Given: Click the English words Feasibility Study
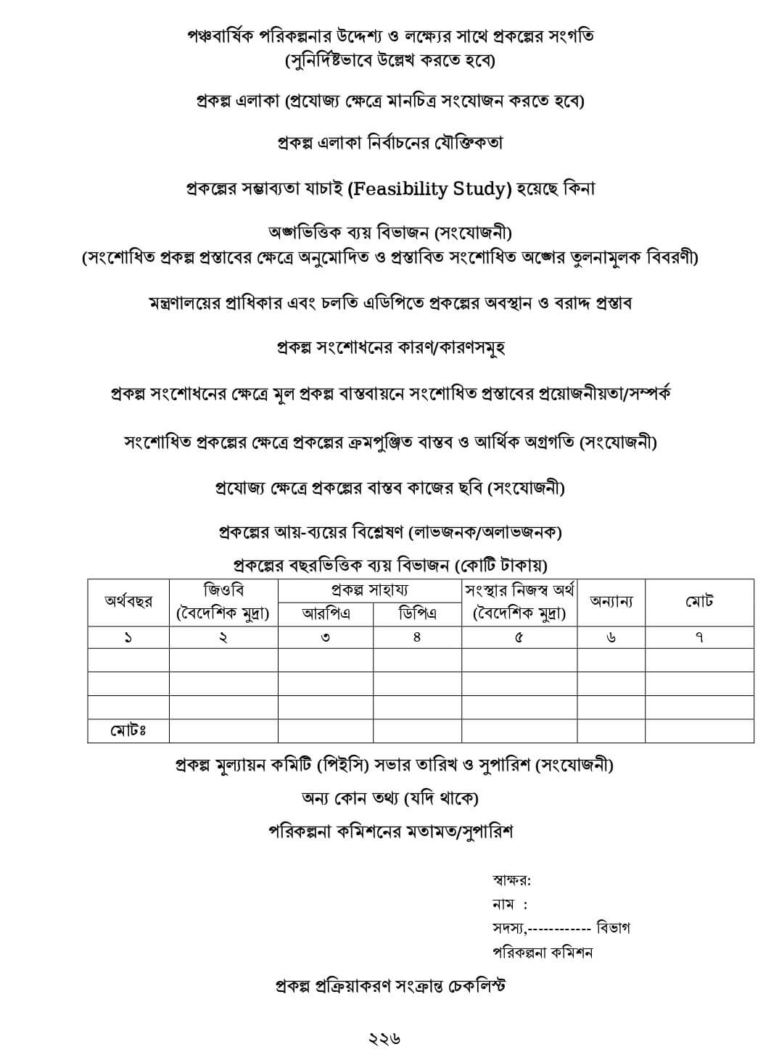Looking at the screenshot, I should pos(429,189).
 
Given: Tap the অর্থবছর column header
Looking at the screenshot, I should pos(128,602).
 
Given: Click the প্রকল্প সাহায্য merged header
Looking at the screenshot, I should pos(369,590).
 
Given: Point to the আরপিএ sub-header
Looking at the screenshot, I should pos(326,614).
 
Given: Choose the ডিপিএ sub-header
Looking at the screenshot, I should pos(417,614).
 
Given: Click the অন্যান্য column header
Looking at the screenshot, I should pos(611,602).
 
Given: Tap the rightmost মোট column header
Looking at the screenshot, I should pos(699,602).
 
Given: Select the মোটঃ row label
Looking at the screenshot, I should pos(128,730).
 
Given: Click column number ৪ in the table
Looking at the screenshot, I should pos(417,637).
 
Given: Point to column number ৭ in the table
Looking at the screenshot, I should pos(699,637).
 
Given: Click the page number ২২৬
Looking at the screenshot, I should pos(385,1038).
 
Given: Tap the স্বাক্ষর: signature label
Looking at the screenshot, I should pos(511,881).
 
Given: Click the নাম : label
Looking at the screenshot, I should pos(509,904).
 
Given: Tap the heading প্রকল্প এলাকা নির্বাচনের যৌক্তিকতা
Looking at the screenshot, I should pos(390,143).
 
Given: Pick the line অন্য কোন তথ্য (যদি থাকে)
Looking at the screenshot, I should pos(390,798).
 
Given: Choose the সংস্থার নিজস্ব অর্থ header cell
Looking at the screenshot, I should pos(519,602).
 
